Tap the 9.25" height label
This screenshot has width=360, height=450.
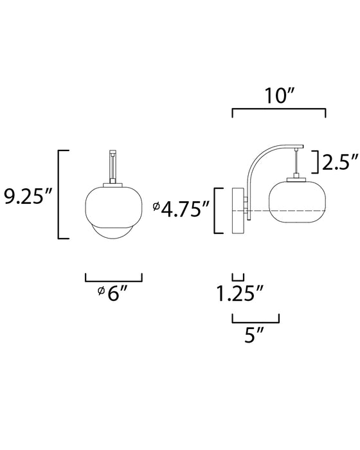(27, 197)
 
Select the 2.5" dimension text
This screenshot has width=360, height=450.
(340, 162)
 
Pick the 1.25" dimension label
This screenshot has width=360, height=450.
(240, 294)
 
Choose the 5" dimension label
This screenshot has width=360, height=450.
(254, 334)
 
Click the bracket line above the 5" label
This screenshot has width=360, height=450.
(255, 322)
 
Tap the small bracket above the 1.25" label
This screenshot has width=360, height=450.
(238, 280)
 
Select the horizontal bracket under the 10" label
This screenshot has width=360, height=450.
(279, 109)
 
